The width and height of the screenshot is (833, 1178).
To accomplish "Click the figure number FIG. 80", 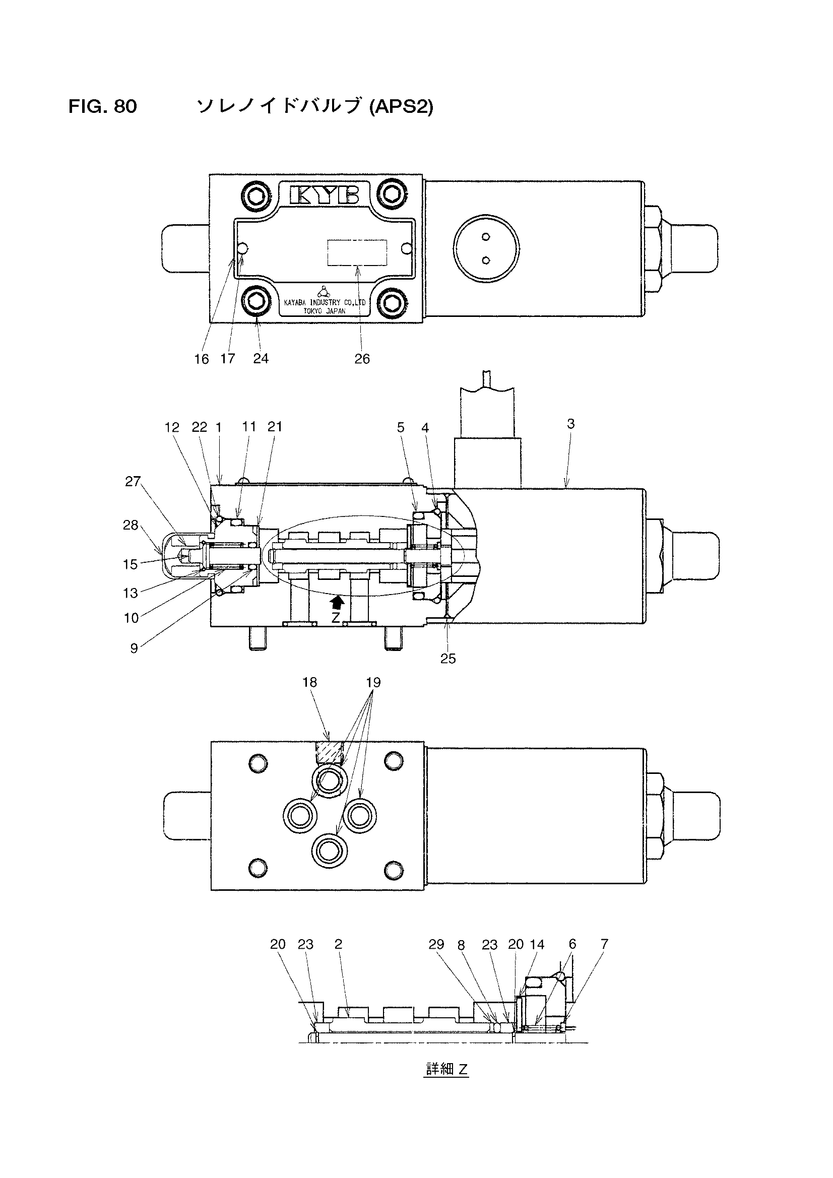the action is [x=103, y=106].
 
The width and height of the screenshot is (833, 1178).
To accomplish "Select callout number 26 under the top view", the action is [x=362, y=359].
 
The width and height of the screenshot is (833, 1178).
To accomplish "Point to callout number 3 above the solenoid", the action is [x=571, y=423].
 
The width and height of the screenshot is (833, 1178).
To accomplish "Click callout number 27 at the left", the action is [x=133, y=481].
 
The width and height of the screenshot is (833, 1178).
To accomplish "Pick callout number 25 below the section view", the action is [x=448, y=658].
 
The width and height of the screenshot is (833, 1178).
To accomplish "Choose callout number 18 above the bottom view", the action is [x=310, y=682].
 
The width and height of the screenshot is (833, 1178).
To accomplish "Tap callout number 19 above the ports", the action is [x=373, y=682].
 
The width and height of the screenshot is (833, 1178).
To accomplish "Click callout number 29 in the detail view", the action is [x=436, y=944].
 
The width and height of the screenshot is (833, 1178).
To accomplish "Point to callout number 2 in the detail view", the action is [x=338, y=944].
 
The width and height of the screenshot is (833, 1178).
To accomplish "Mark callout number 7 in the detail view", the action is [x=604, y=944].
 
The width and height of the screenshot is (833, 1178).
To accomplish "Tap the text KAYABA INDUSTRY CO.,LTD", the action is [x=325, y=303].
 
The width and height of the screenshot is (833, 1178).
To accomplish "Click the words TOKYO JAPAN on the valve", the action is [x=325, y=311].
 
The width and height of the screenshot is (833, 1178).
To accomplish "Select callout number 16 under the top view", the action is [x=201, y=359].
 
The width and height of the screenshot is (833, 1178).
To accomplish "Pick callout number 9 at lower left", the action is [x=134, y=648].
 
